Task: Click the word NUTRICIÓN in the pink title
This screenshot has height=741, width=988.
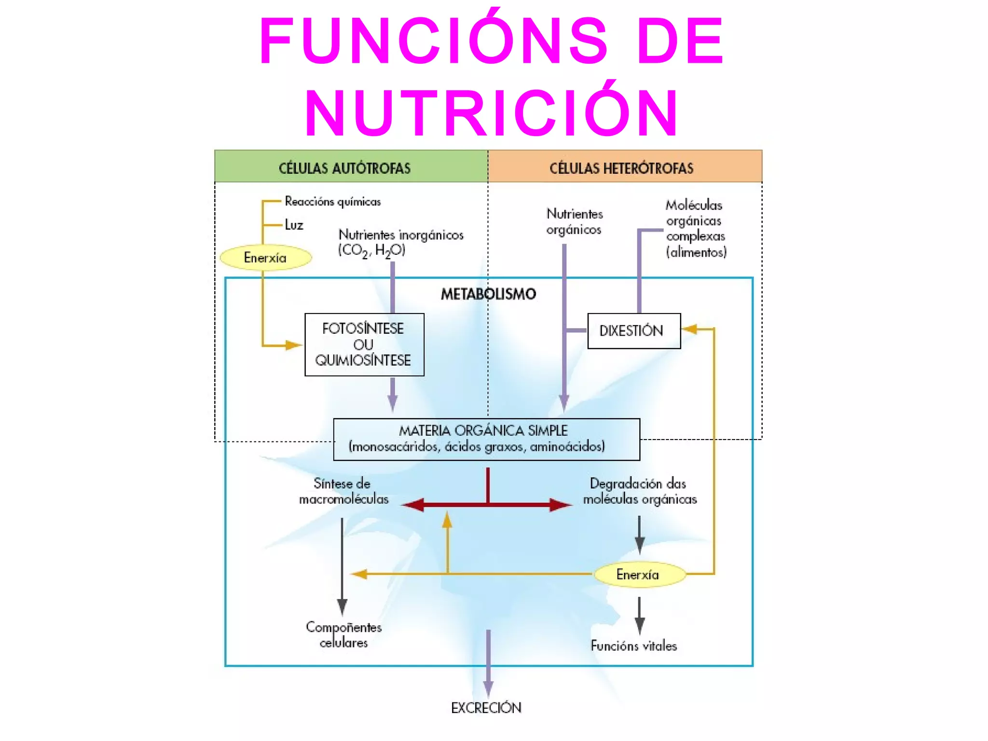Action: pos(492,113)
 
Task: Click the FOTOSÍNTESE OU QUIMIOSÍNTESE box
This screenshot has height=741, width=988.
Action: pos(364,344)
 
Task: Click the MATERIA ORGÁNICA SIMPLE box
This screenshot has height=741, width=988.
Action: pos(486,439)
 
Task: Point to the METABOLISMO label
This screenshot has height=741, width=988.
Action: pos(488,294)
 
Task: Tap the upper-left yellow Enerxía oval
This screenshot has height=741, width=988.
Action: pos(265,258)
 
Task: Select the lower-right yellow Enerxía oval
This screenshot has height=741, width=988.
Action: pos(639,574)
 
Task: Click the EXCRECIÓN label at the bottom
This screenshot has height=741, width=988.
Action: pos(486,708)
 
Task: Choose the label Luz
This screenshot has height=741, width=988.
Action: pos(294,225)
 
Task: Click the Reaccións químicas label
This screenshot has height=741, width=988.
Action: pos(332,201)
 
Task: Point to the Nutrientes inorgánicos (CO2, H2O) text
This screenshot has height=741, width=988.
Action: pos(400,242)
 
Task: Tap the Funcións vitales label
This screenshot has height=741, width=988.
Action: pos(633,645)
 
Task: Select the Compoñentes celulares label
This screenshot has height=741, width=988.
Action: pos(343,634)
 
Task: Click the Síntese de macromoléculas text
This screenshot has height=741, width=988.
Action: pos(343,491)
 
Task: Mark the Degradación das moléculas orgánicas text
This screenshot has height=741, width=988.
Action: pos(640,491)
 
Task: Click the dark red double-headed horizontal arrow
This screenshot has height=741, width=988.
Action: pos(487,505)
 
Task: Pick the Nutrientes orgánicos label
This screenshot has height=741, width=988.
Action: pos(574,221)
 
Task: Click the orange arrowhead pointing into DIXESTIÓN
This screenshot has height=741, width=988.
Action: pos(690,329)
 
